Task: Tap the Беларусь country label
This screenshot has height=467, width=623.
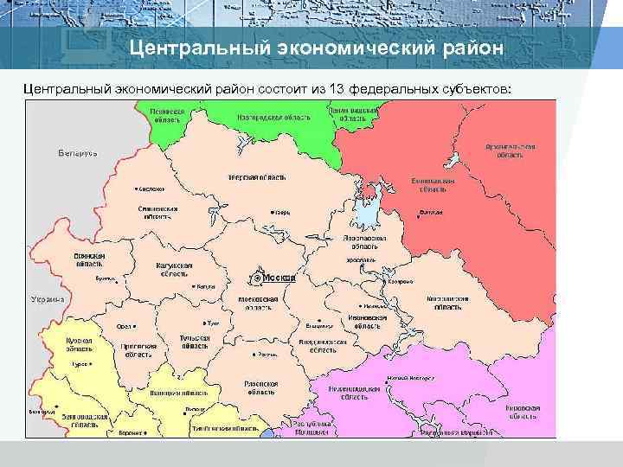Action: (78, 153)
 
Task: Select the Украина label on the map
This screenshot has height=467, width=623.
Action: (48, 298)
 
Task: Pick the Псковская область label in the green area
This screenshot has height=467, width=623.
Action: (166, 116)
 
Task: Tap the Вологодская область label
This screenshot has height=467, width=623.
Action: (427, 183)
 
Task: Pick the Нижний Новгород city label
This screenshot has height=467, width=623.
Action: (410, 378)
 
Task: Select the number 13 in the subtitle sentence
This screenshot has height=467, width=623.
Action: (330, 88)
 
